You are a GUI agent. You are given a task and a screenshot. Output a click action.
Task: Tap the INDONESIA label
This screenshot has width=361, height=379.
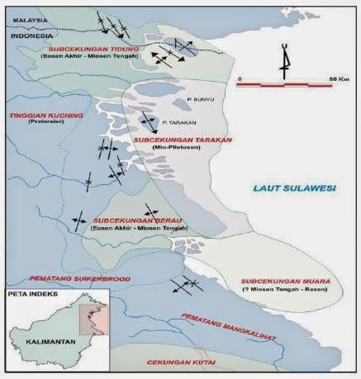point(26,37)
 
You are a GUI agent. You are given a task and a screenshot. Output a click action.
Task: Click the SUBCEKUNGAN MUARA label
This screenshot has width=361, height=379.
point(285,282)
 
